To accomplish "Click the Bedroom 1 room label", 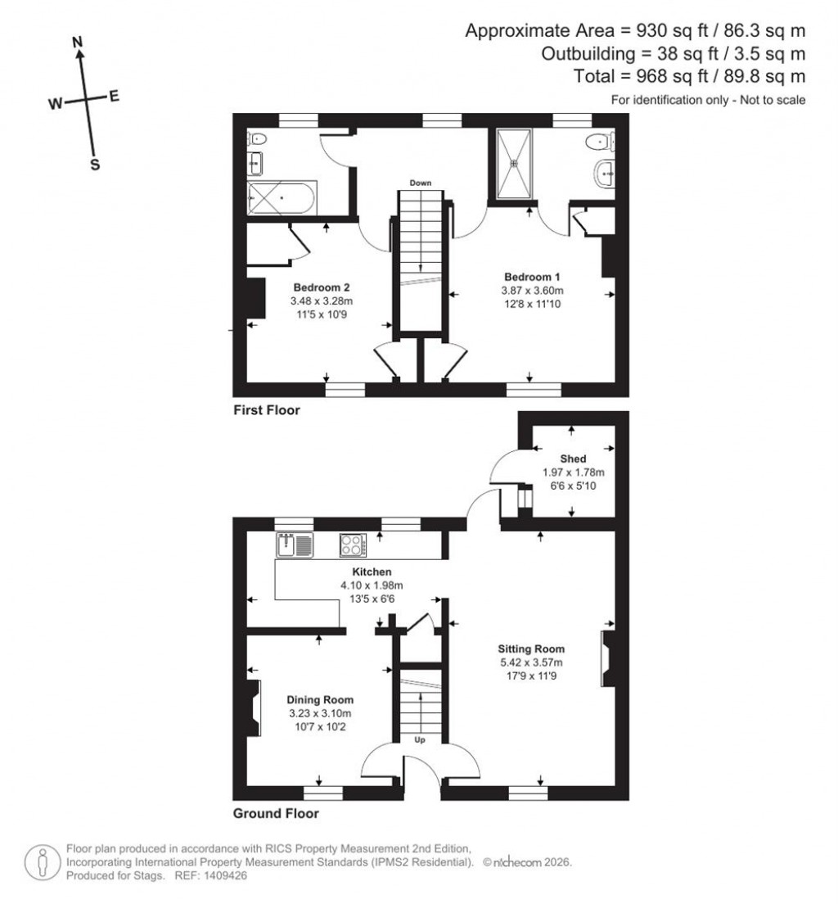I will [x=532, y=276].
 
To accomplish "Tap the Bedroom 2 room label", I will [x=322, y=287].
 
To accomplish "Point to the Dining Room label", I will [x=320, y=699].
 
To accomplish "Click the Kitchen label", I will [x=372, y=571].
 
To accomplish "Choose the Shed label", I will [x=573, y=459].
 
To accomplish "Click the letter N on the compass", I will [x=78, y=42].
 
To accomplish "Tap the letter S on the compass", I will [x=94, y=165].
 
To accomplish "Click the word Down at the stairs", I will [x=421, y=183].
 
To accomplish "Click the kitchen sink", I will [x=295, y=545].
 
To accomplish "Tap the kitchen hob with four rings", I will [x=353, y=545].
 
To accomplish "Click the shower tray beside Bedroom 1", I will [x=514, y=164].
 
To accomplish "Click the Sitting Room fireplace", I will [x=606, y=659].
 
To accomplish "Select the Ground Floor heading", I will [x=276, y=814].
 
